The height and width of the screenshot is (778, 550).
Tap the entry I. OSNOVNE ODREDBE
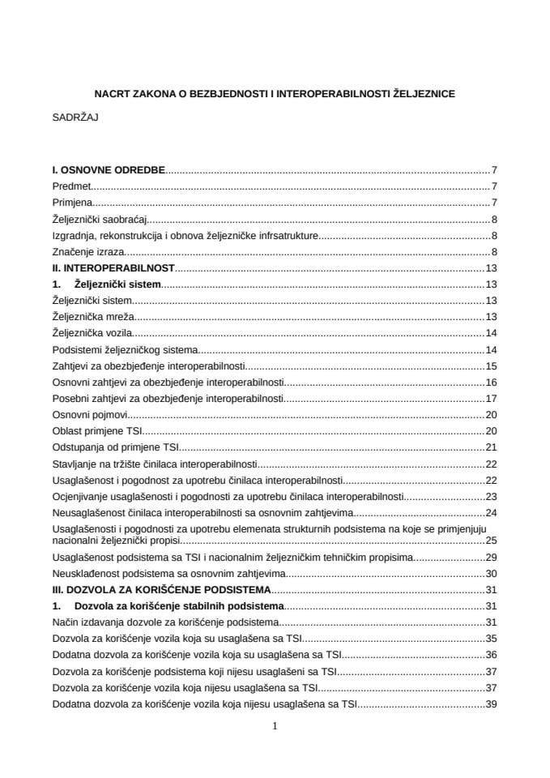[x=108, y=170]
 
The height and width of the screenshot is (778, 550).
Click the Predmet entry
[x=70, y=186]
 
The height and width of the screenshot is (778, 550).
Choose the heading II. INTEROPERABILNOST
[x=113, y=268]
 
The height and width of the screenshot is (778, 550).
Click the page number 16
[x=491, y=382]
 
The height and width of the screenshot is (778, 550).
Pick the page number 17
[x=491, y=398]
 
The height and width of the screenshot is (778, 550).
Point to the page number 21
[x=491, y=447]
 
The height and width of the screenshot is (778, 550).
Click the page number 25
[x=491, y=540]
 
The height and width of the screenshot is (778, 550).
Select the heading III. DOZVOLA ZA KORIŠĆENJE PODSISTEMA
[x=161, y=589]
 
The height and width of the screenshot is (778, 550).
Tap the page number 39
[x=491, y=704]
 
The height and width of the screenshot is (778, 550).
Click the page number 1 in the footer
[x=275, y=726]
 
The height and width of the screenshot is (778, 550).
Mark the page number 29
[x=491, y=557]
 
